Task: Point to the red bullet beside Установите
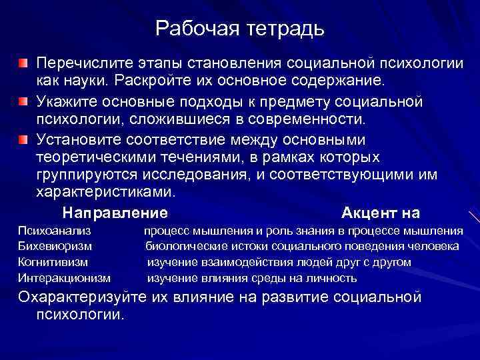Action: point(23,139)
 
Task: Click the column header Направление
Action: point(114,213)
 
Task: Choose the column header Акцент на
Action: point(380,213)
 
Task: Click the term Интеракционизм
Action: point(64,278)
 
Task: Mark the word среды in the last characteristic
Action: point(284,278)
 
